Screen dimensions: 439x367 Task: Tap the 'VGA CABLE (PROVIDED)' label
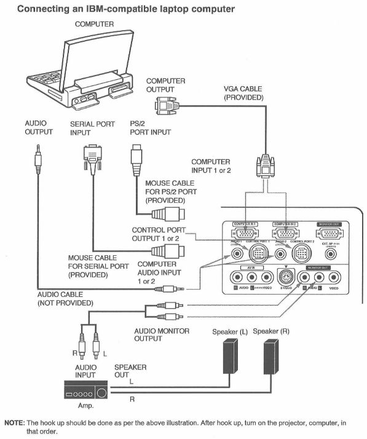(x=243, y=93)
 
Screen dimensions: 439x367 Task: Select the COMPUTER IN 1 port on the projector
(x=245, y=233)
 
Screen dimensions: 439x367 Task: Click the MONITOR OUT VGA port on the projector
(x=331, y=234)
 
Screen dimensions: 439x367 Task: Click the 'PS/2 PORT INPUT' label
(x=141, y=128)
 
